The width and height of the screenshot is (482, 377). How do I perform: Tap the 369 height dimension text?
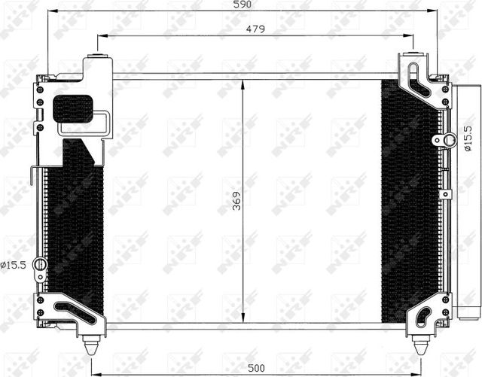[236, 201]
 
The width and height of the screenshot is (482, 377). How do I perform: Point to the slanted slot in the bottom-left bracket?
[76, 313]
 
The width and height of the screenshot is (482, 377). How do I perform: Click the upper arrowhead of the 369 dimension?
[243, 85]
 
